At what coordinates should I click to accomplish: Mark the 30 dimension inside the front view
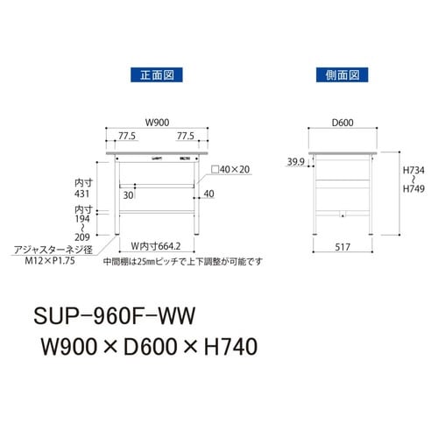[x=130, y=196]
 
